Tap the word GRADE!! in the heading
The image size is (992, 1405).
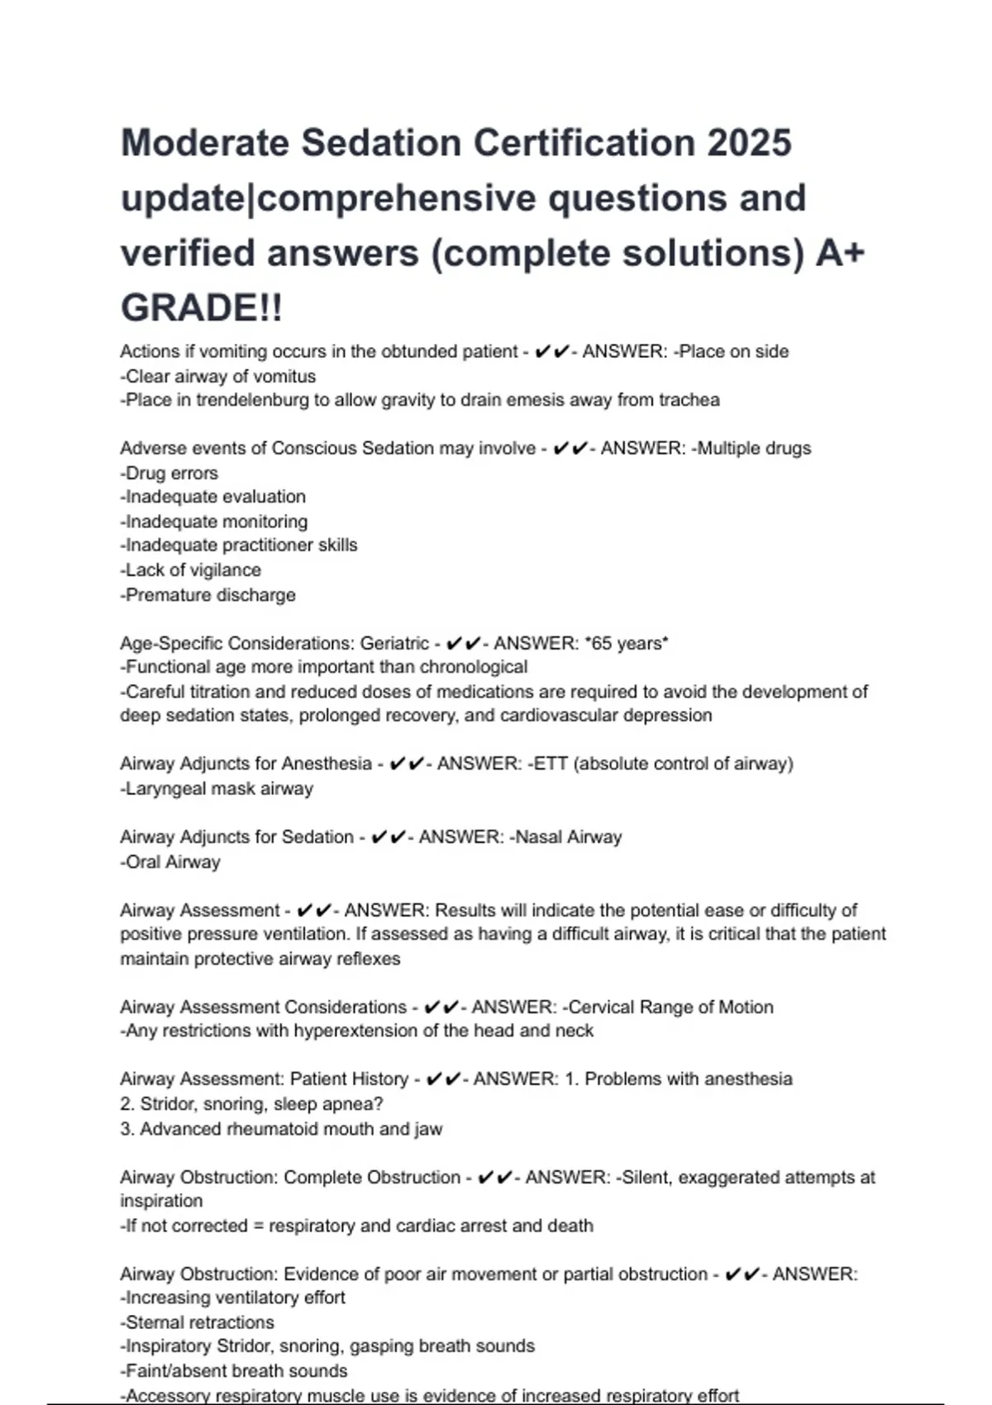(x=202, y=308)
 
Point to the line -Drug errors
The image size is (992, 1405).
(x=169, y=473)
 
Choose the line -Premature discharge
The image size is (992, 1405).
(x=207, y=595)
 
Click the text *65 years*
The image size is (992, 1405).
(x=626, y=643)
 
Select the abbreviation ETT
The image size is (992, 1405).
(x=551, y=764)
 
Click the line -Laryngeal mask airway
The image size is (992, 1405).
(x=217, y=788)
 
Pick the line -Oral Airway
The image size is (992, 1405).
(x=170, y=862)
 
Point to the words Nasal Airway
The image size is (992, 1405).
(x=568, y=837)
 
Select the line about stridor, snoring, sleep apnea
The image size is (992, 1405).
(x=251, y=1104)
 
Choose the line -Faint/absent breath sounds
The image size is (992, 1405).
(x=234, y=1371)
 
